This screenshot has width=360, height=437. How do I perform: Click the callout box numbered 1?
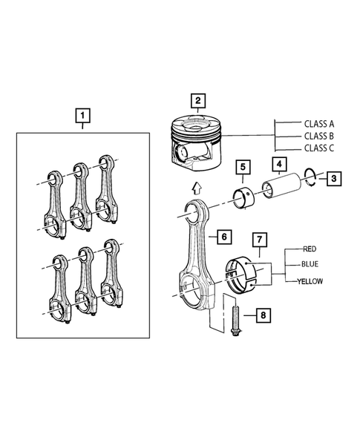(x=83, y=116)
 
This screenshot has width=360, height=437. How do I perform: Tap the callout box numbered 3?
(x=336, y=178)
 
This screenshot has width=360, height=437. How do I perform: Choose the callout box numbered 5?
(x=242, y=167)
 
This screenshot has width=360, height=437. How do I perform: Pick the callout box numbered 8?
(x=263, y=317)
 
